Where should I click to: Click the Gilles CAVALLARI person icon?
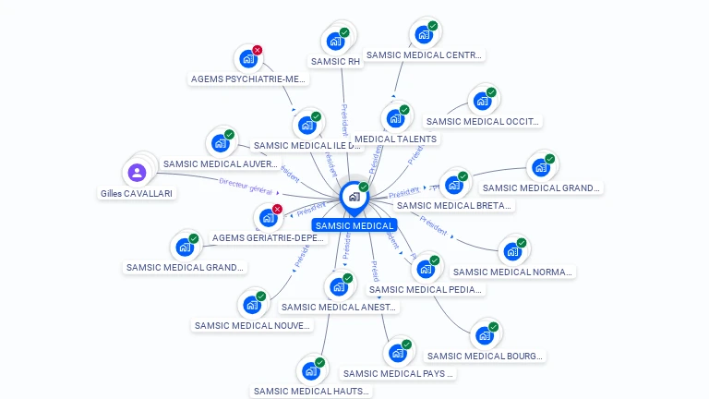(137, 173)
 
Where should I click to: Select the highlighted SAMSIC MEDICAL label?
(354, 225)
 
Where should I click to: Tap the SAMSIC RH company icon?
(334, 42)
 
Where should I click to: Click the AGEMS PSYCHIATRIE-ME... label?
(247, 79)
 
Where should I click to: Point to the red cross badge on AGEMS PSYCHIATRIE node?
(258, 50)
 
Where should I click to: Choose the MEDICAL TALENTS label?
(396, 139)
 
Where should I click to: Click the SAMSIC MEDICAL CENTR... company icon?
(424, 35)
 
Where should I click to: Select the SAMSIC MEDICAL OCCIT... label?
(483, 121)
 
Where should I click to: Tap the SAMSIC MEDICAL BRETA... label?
(453, 206)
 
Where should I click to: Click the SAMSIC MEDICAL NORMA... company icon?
(512, 251)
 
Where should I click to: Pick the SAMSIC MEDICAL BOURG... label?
(486, 356)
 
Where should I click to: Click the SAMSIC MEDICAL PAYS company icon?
(397, 353)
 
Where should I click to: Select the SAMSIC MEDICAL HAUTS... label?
(312, 391)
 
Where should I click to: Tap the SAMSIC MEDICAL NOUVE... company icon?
(251, 305)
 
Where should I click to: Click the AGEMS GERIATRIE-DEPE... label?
(269, 237)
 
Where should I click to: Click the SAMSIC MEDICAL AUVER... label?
(220, 164)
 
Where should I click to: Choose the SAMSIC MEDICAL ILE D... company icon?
(306, 124)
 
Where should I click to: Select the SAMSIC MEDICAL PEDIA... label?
(426, 289)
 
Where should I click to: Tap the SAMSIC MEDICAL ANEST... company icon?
(339, 286)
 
